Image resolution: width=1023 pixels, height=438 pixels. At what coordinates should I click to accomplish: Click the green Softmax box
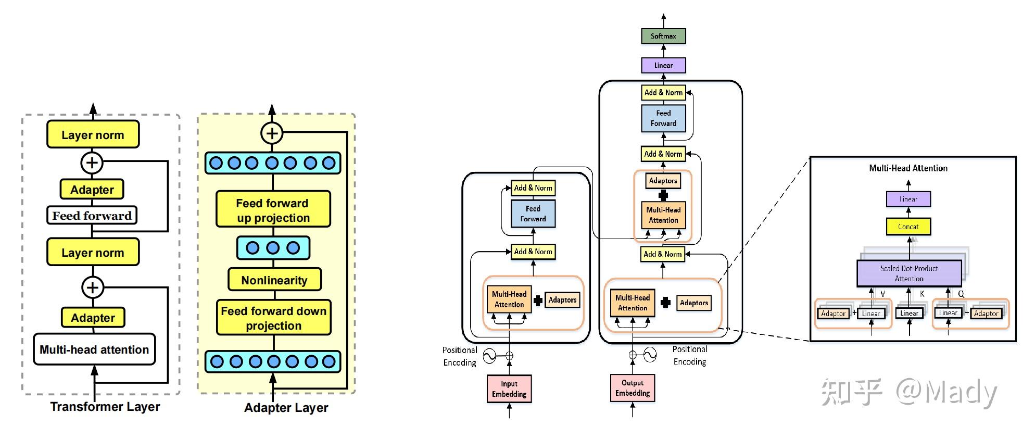(663, 36)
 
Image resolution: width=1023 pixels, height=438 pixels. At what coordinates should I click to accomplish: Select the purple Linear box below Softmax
(663, 66)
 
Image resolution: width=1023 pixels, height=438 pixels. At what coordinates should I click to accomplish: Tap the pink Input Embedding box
(509, 389)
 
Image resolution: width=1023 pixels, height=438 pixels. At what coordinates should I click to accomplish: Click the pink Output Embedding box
(632, 387)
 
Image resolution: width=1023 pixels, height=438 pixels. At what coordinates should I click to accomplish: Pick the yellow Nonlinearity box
(274, 280)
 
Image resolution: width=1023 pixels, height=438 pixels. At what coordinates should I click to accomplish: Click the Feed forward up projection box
(273, 210)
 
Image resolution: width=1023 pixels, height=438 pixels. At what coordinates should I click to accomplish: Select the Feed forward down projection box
(273, 318)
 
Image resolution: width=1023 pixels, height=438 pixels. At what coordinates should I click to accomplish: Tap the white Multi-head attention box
(94, 349)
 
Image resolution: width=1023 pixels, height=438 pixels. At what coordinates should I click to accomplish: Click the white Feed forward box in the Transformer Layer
(92, 215)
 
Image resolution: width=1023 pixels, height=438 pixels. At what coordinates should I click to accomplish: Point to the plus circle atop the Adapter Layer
(272, 133)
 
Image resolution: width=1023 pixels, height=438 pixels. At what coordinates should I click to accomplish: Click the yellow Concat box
(908, 227)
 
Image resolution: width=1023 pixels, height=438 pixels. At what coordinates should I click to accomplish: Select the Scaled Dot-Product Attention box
(908, 273)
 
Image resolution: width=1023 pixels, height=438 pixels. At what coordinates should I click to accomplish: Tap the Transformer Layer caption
(105, 407)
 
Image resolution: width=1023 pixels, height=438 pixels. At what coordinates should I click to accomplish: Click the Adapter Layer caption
(286, 408)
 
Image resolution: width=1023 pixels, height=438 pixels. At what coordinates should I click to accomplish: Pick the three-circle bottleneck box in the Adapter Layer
(273, 248)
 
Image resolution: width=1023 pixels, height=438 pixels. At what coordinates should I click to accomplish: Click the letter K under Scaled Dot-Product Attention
(921, 294)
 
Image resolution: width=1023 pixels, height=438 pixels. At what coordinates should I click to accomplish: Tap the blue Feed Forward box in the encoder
(533, 214)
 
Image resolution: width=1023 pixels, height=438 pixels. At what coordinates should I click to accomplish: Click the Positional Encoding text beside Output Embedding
(689, 355)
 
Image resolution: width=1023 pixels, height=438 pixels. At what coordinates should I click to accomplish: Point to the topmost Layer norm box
(93, 135)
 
